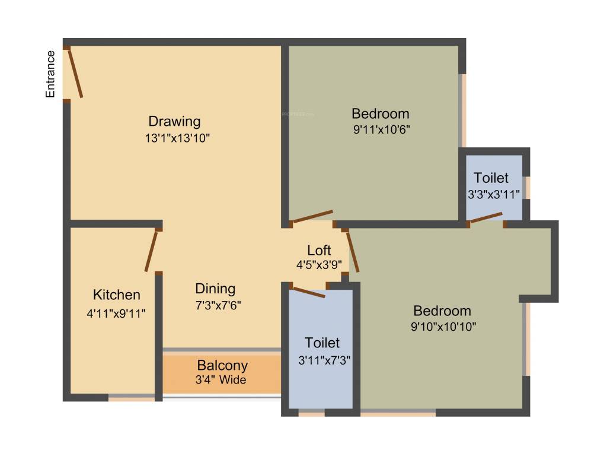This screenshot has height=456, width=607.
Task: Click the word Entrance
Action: [51, 74]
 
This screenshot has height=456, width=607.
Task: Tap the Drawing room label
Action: [174, 122]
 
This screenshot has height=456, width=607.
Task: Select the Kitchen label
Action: [117, 295]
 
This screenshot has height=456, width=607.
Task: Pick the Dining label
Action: [215, 289]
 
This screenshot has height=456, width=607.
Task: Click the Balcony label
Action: [222, 366]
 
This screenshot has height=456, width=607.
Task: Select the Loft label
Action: [319, 250]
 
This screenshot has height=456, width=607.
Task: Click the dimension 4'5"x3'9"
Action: [319, 265]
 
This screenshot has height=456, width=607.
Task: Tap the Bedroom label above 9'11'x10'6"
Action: [381, 113]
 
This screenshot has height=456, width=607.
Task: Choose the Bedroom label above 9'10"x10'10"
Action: [442, 311]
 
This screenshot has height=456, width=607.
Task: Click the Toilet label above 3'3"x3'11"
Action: [491, 178]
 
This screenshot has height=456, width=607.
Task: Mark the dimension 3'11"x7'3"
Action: [322, 359]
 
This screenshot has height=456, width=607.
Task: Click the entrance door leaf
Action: [75, 74]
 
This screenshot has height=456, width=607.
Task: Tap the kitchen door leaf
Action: [151, 251]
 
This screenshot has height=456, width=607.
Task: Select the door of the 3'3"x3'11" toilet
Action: [486, 218]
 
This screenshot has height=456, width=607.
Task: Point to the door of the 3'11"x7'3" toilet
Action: [308, 292]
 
